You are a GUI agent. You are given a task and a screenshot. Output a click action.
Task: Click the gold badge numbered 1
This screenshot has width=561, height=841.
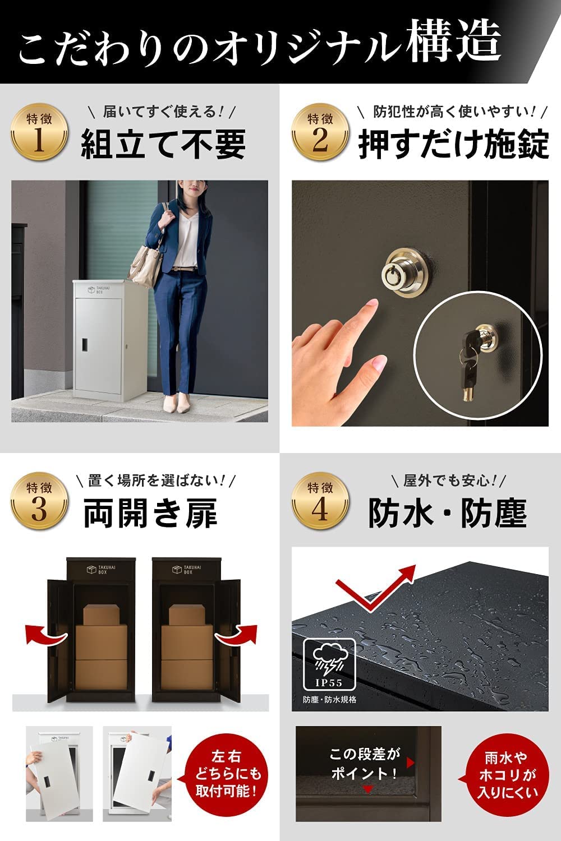[39, 132]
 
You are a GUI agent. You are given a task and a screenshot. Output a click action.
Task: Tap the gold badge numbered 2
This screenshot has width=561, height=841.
[320, 132]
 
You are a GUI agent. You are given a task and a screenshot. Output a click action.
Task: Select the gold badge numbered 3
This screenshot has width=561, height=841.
[39, 501]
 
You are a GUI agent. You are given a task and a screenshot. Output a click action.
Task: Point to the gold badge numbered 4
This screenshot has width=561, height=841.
[320, 501]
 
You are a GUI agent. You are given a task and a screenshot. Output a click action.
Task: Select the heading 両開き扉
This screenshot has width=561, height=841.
[150, 513]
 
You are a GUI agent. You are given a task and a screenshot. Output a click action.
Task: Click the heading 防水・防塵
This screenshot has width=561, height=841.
[447, 513]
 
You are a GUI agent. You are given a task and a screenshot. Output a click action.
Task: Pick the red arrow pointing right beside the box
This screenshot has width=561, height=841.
[236, 634]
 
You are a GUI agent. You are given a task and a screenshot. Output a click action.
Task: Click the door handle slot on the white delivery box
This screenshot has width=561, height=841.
[86, 344]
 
